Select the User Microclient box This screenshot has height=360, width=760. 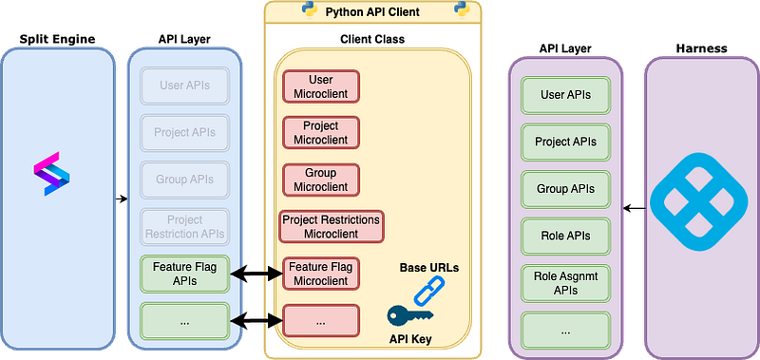[321, 86]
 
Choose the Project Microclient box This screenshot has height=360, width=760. [321, 133]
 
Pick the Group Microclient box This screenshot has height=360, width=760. [321, 180]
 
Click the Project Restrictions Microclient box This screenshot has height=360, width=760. [331, 226]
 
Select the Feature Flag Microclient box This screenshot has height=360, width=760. [321, 274]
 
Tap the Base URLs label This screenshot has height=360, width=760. [428, 268]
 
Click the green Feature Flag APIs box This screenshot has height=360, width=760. [184, 274]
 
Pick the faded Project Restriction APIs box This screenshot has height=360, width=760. [184, 226]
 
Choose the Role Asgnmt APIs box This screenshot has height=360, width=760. [565, 282]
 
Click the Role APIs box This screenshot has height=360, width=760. [565, 236]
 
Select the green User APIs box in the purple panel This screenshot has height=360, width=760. [565, 95]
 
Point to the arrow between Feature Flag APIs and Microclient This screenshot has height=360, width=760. [256, 274]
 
